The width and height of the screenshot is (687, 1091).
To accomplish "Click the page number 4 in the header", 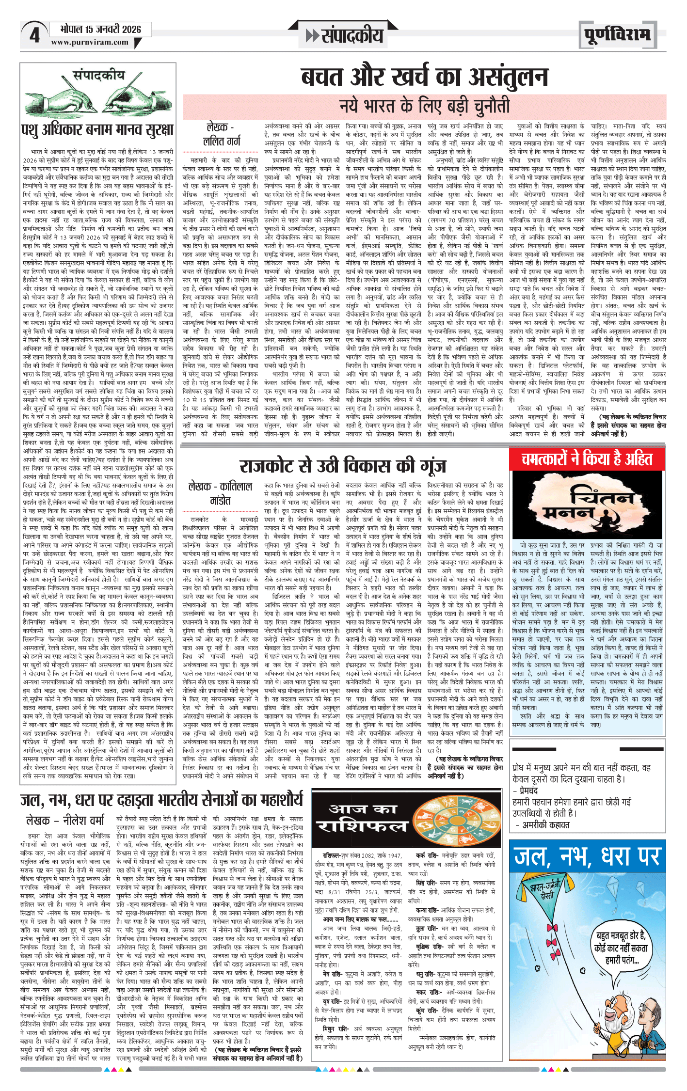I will pos(34,35).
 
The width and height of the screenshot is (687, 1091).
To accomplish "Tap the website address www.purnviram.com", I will pos(90,43).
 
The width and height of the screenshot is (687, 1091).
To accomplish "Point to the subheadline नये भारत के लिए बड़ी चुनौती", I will pos(424,105).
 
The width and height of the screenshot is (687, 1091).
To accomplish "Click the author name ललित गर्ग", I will pos(221,141).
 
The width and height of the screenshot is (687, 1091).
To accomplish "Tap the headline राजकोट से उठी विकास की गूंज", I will pos(342,466).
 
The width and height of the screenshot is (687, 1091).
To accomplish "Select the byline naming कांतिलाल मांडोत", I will pos(220,493).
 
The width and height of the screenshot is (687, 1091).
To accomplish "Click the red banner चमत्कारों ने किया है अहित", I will pos(587,459).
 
